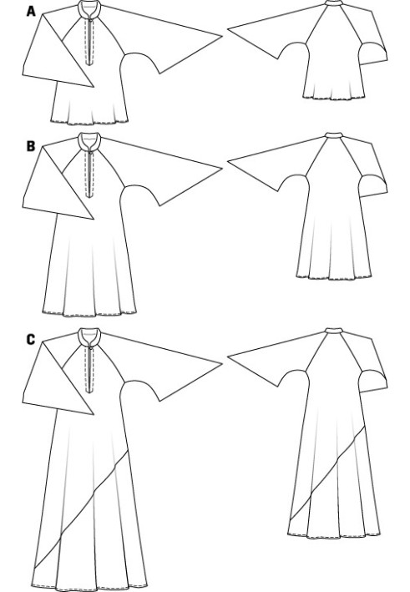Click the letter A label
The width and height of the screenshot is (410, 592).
(x=31, y=12)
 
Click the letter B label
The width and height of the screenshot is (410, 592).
(x=31, y=146)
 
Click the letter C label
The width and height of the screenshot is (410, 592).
(x=31, y=340)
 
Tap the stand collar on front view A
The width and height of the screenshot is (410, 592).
(x=89, y=8)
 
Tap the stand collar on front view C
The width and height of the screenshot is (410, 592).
(x=89, y=336)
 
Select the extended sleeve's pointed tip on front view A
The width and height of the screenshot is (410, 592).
(x=221, y=36)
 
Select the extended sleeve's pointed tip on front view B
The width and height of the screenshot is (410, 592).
(x=221, y=169)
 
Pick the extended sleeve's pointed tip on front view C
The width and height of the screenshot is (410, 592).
(x=221, y=364)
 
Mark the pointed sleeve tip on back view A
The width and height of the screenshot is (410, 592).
(x=228, y=28)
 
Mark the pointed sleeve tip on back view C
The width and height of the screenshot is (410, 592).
(x=228, y=356)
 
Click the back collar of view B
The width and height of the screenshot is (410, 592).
(x=334, y=134)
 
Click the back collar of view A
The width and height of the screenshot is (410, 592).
(x=334, y=3)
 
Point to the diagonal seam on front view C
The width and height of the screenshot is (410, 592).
(x=81, y=509)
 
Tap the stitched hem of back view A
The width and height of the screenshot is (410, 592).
(x=334, y=99)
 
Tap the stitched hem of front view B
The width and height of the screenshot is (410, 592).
(x=89, y=313)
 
